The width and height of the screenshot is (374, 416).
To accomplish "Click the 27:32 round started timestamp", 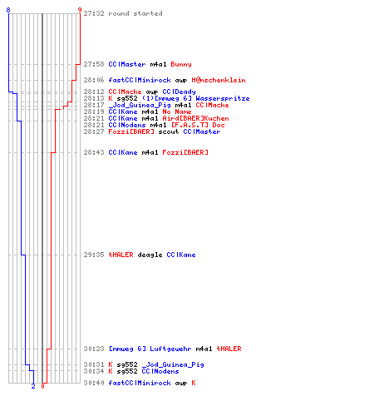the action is (94, 13).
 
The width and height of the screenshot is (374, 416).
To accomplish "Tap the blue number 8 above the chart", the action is (8, 10).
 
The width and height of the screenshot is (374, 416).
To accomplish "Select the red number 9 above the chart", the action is (80, 10).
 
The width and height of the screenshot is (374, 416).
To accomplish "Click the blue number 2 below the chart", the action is (33, 386).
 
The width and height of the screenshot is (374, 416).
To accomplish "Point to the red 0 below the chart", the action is (42, 386).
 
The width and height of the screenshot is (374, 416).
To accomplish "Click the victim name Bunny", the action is (181, 64).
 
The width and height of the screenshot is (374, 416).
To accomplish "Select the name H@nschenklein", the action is (219, 80).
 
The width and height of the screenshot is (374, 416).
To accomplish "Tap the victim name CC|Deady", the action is (179, 92).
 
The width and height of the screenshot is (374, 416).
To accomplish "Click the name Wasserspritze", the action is (223, 98).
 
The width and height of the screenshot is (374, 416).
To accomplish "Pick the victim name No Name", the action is (177, 111).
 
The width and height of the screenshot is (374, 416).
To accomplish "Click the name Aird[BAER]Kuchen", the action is (195, 118).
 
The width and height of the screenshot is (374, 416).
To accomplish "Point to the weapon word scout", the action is (169, 131).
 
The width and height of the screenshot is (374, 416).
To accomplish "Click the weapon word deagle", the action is (150, 255).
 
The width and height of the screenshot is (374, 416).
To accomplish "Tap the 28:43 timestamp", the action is (94, 152).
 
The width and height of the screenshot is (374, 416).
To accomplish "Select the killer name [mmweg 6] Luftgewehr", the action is (150, 349).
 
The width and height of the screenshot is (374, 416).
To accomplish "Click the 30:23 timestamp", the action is (94, 349).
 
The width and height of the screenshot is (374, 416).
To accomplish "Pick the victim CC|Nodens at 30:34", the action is (160, 371).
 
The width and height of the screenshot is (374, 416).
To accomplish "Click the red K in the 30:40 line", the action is (194, 383).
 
